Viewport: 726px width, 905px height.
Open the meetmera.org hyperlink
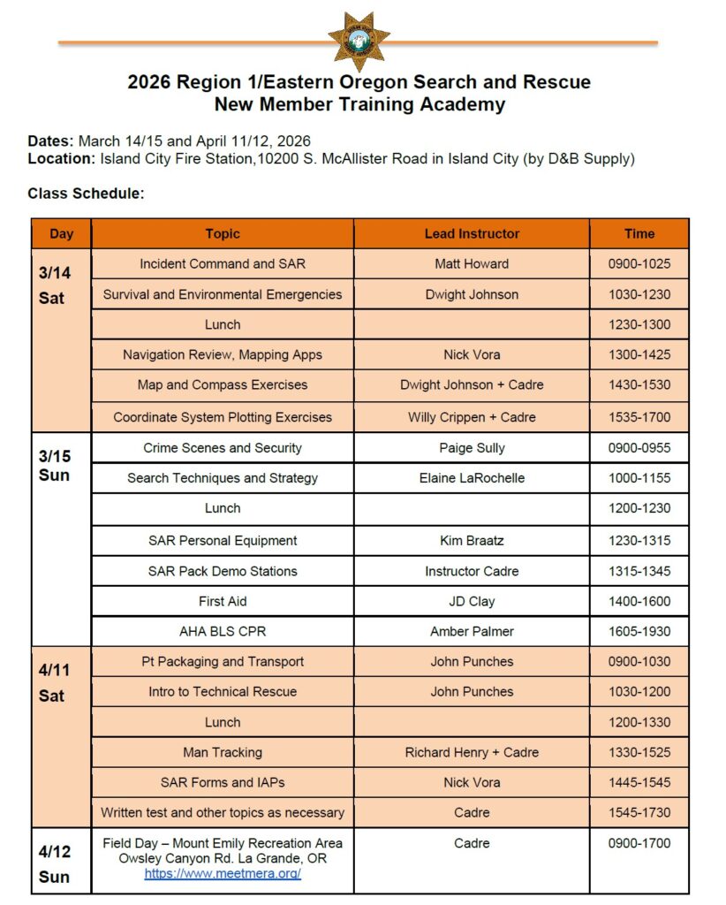[223, 873]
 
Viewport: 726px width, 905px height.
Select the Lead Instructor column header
[472, 233]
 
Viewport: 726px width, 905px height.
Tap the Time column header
[639, 233]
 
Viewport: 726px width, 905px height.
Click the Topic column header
[223, 233]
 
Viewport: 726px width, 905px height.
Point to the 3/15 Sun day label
[54, 466]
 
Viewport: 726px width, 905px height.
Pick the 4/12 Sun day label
[54, 864]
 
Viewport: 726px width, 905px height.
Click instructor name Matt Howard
[472, 263]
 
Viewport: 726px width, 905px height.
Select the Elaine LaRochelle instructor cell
[472, 478]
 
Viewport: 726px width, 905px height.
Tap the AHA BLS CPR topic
[223, 631]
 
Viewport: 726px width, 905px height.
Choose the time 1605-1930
[639, 631]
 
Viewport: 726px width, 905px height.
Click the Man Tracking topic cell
[223, 752]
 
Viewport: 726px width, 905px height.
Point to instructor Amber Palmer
[472, 631]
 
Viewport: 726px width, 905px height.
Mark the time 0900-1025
[639, 263]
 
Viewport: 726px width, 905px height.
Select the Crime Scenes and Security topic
[223, 448]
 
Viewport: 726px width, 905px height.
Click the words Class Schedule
[86, 194]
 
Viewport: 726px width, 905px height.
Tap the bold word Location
[60, 159]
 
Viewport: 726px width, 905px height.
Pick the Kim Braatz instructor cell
[472, 540]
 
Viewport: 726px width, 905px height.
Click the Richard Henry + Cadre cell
[472, 752]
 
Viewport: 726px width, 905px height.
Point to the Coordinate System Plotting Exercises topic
[223, 417]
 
